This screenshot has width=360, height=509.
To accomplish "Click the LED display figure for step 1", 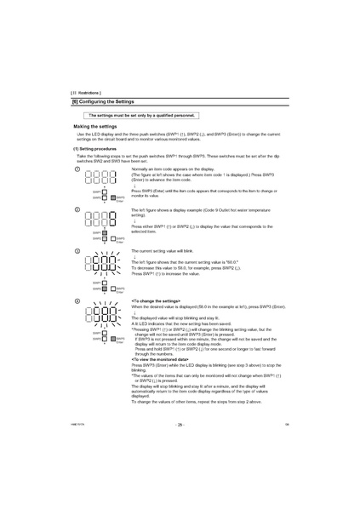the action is [99, 178].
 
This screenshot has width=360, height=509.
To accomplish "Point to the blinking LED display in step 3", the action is [99, 265].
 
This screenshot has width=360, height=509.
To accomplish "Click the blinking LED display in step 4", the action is [99, 316].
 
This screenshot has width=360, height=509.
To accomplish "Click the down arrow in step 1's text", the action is [134, 186].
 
